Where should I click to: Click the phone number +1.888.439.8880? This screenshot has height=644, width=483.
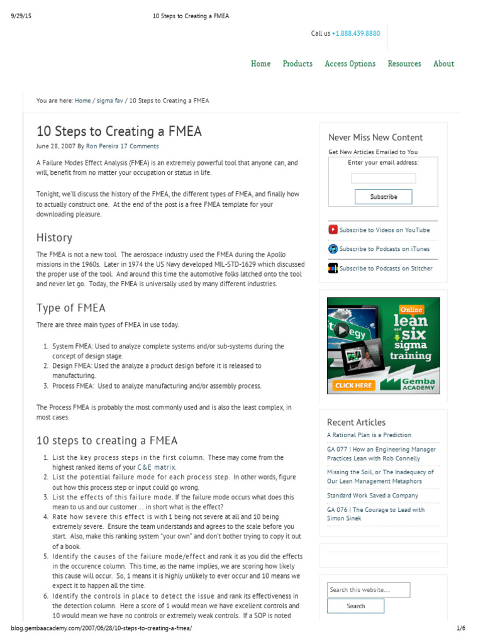[356, 33]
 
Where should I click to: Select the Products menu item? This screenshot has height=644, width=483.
[297, 64]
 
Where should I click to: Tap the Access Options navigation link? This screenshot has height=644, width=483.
[350, 64]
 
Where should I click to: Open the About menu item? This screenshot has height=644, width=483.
[443, 64]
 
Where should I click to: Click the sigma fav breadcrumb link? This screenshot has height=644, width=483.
[109, 101]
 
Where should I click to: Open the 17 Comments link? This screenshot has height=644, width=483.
[139, 146]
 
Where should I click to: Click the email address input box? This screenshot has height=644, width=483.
[383, 178]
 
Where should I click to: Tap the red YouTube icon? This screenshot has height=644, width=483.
[333, 230]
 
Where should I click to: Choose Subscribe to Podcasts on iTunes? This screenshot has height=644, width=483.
[384, 249]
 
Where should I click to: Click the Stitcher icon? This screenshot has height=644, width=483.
[333, 269]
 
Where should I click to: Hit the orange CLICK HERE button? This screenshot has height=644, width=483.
[353, 385]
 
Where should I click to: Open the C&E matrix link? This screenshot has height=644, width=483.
[157, 467]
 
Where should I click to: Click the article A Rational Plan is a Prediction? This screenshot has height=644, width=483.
[369, 435]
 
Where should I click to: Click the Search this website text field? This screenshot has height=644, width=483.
[368, 590]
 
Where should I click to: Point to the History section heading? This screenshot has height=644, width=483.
[54, 238]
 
